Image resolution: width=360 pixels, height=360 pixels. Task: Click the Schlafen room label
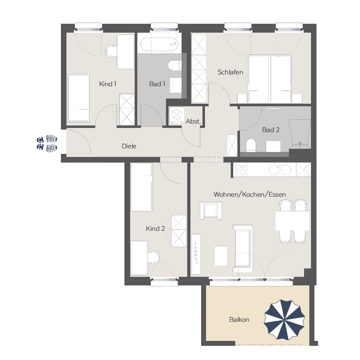[230, 72]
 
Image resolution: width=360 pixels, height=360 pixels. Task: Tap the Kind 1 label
[107, 84]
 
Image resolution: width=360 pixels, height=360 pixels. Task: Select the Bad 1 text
[157, 84]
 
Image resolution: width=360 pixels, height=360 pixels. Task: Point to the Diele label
[129, 146]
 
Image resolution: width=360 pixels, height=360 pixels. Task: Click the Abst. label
[193, 121]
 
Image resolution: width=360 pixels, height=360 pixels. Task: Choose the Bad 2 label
[271, 130]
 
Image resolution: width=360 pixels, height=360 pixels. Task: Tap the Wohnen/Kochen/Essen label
[249, 195]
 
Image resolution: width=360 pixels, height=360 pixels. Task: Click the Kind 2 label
[156, 228]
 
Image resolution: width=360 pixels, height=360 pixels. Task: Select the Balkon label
[239, 320]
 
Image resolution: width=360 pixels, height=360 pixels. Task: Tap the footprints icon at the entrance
[47, 143]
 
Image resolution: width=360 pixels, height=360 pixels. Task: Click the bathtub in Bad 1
[159, 44]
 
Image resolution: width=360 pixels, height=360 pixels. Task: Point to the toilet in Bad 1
[174, 65]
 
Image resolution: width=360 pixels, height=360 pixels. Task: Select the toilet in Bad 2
[251, 145]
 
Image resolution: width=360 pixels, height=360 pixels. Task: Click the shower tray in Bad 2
[300, 132]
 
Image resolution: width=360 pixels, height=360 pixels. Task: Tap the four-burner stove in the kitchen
[241, 170]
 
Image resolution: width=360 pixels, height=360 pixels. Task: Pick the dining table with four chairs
[292, 221]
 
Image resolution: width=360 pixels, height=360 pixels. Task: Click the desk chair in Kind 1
[111, 51]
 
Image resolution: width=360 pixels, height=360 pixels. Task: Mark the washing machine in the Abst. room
[177, 115]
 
